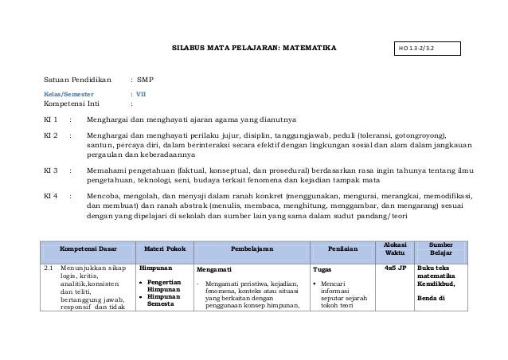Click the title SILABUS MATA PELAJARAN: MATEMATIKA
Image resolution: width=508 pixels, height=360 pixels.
point(254,50)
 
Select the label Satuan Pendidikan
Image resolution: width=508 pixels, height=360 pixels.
point(78,80)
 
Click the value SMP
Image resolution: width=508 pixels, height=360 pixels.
point(145,80)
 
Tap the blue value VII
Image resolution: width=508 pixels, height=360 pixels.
point(142,92)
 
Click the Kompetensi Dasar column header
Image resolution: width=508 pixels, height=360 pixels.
point(88,248)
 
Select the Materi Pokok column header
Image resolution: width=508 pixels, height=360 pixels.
point(162,248)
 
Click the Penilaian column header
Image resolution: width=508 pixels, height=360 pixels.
point(342,248)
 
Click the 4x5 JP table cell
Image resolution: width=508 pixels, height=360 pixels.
point(395,268)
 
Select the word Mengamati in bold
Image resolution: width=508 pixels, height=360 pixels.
point(215,270)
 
